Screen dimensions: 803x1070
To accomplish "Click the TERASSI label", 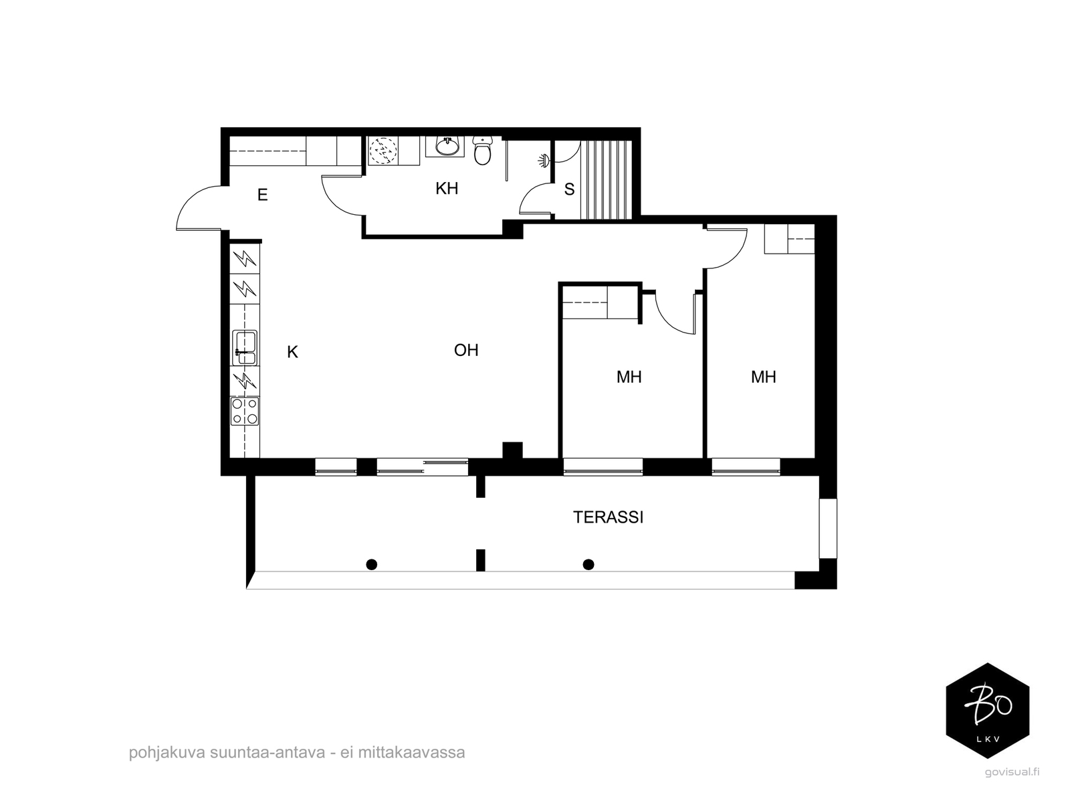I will pos(608,517).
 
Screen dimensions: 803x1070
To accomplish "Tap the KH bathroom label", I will pos(447,189).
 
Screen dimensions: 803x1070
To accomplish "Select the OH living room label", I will pos(466,350).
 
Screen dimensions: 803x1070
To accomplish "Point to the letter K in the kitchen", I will pos(292,352).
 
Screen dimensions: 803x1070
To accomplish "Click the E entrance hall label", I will pos(263,195).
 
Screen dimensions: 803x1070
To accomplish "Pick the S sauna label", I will pos(569,189).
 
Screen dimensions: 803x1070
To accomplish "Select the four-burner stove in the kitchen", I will pos(245,411).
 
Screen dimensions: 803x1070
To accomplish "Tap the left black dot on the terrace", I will pos(372,565).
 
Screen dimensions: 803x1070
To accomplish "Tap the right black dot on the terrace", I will pos(588,565).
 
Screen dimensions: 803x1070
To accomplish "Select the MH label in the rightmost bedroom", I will pos(763,377).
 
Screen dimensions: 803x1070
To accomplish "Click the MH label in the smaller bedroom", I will pos(629,377).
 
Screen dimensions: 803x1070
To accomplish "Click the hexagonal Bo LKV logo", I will pos(987,710).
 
